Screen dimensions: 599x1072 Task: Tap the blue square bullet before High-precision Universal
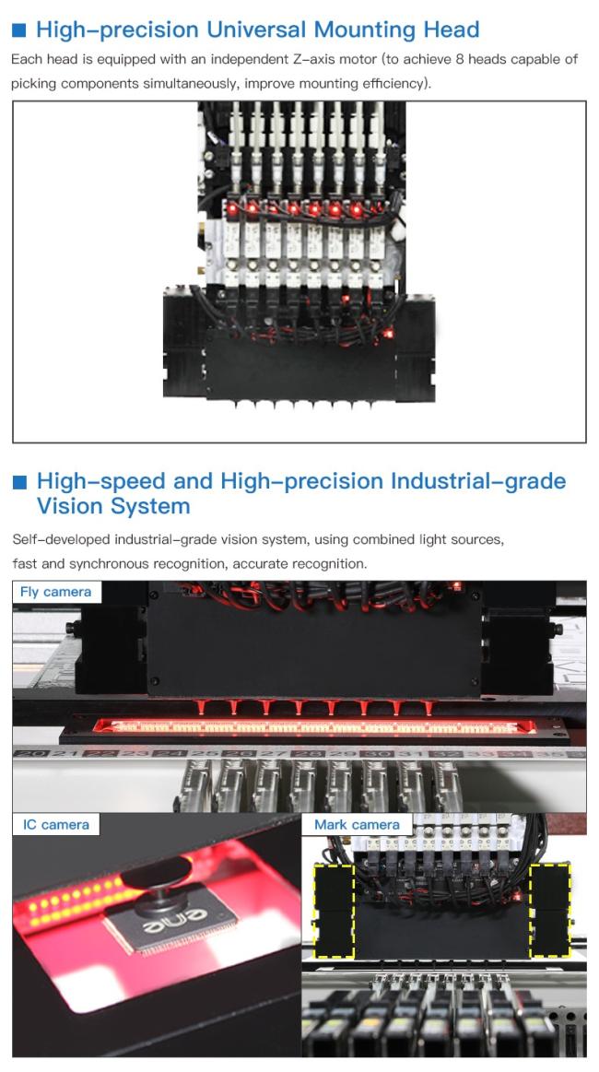(19, 30)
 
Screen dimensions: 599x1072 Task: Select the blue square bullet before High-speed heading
(19, 482)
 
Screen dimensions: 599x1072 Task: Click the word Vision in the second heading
(73, 507)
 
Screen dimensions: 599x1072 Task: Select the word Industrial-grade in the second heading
(478, 481)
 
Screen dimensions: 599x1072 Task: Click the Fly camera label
(56, 592)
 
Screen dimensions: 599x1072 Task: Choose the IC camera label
(56, 825)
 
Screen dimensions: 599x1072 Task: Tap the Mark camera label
(357, 825)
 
